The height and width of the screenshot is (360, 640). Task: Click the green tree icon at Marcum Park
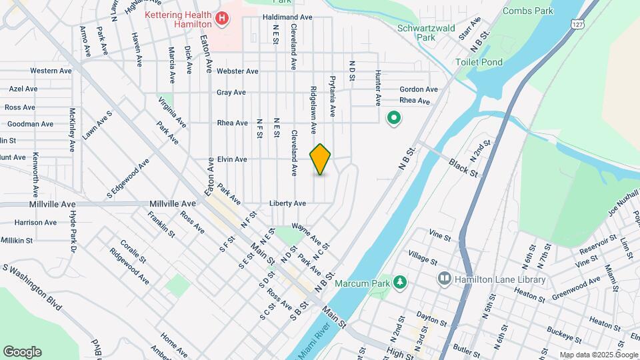399,283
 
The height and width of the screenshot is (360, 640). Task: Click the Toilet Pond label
479,62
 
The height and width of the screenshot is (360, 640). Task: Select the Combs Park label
528,11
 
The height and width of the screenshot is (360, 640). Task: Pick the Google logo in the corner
22,351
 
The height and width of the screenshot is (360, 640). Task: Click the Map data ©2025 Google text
598,355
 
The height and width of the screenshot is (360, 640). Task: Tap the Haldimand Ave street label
287,17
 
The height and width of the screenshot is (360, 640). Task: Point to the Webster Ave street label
237,71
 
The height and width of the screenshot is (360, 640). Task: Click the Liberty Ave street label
287,203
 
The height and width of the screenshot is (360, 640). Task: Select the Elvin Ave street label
232,159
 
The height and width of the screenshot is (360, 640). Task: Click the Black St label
464,167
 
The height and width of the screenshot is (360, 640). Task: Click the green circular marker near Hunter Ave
394,119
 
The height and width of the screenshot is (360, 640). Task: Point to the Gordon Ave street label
419,89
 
